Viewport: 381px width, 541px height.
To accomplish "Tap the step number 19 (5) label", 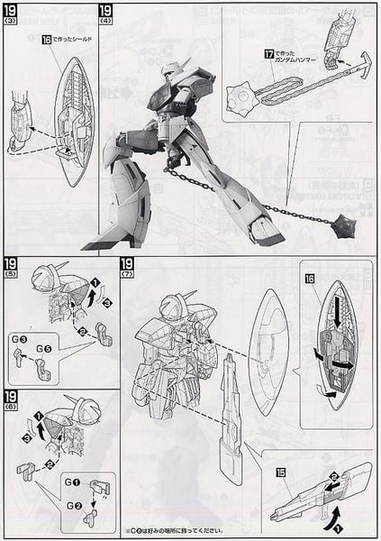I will [13, 267].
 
